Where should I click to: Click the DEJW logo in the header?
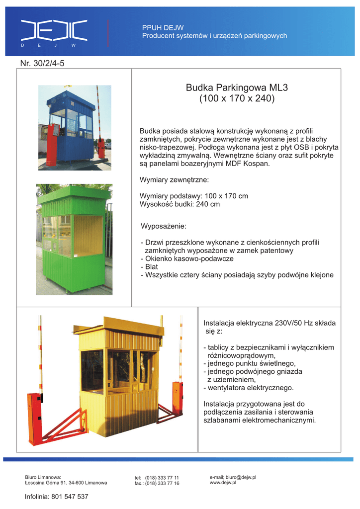54,31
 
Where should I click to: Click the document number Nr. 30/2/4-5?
42,64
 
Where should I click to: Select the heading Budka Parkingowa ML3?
237,88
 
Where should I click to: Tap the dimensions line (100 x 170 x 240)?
237,98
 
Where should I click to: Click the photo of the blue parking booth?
75,128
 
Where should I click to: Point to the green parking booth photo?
74,239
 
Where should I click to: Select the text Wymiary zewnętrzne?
174,179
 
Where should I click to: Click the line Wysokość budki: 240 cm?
180,204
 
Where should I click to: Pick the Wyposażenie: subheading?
164,227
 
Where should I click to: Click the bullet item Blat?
151,267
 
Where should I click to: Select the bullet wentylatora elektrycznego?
250,388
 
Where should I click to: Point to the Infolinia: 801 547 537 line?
57,497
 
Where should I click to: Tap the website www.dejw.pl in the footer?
223,483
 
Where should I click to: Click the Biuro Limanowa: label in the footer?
43,477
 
